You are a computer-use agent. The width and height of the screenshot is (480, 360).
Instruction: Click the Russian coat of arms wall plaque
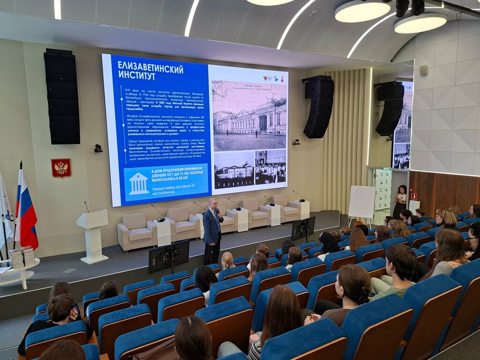(61, 168)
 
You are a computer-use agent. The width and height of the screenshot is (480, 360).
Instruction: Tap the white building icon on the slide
(139, 183)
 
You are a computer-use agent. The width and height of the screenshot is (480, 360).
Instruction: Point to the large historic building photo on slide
(249, 115)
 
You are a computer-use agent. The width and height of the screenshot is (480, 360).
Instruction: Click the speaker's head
(212, 203)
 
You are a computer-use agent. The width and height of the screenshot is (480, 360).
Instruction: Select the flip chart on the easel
(361, 202)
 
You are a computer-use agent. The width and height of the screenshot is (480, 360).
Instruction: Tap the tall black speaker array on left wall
(62, 97)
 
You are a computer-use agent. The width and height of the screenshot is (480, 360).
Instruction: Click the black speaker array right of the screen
(318, 107)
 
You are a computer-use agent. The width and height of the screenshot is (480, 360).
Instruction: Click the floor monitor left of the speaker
(169, 257)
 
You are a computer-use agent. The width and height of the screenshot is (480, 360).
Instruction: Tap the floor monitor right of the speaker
(303, 228)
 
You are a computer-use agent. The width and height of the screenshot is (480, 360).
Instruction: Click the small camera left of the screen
(98, 148)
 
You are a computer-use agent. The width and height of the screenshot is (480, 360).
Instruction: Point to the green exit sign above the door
(386, 168)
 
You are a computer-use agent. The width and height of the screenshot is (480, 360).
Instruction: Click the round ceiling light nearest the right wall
(420, 23)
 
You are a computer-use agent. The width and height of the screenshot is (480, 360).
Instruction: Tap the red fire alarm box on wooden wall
(414, 196)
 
